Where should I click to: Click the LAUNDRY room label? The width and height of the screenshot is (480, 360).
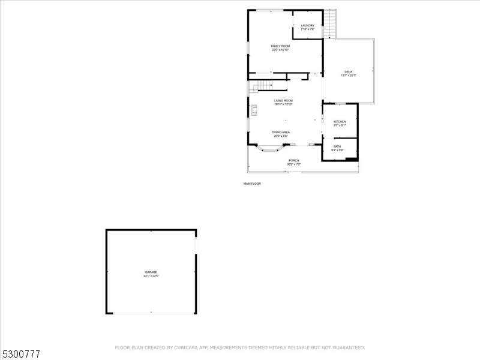308,25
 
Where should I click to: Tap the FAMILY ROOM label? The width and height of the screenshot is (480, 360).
280,46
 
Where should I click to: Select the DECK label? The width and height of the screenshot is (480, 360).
349,71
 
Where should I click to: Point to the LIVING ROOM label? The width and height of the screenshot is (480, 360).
283,100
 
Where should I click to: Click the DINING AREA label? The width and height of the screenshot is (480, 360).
281,132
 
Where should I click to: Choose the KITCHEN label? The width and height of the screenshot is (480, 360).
340,121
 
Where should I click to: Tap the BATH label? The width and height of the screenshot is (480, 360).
337,146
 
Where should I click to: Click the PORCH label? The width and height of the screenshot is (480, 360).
294,160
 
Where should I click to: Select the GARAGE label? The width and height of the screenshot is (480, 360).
151,272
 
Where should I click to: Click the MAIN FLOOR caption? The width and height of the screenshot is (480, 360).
252,184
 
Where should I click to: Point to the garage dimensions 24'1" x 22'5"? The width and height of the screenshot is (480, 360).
151,277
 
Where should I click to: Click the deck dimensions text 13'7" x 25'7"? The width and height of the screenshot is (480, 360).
349,76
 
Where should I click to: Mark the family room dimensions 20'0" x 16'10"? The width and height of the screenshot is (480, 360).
280,50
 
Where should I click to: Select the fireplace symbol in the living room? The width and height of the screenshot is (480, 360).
253,110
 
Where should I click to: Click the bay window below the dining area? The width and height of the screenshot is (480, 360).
268,149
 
